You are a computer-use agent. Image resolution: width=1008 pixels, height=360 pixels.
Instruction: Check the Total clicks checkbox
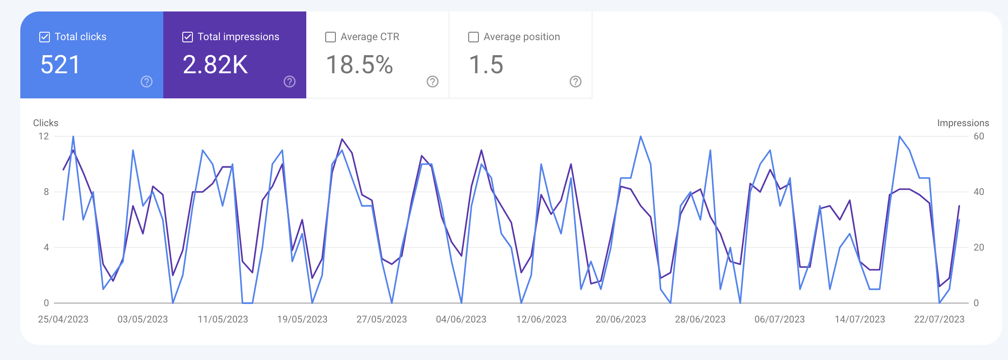[x=45, y=37]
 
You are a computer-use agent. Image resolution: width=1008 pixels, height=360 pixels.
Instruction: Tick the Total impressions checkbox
[x=188, y=37]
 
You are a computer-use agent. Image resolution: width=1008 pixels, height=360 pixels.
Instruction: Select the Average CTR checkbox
[x=331, y=37]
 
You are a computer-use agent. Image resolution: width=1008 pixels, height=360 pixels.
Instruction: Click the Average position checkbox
[x=474, y=37]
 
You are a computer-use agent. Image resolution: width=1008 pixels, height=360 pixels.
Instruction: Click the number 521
[x=60, y=65]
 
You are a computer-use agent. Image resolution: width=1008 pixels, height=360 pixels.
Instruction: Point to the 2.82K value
[x=215, y=65]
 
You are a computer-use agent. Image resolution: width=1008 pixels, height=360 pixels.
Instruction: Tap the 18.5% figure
[x=359, y=65]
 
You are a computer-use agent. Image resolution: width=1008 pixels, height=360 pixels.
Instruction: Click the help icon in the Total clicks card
[x=147, y=82]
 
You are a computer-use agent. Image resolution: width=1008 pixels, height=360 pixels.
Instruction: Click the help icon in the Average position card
[x=575, y=82]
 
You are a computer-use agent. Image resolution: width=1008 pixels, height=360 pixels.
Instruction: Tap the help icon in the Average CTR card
[x=433, y=82]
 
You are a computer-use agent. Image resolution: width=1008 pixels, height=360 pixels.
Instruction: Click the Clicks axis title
[x=45, y=123]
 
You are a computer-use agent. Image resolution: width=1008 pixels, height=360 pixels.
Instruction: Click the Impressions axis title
[x=963, y=123]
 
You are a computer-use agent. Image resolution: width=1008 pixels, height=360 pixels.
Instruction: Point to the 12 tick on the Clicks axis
[x=44, y=136]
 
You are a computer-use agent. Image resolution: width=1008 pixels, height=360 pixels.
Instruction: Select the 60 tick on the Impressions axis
[x=978, y=136]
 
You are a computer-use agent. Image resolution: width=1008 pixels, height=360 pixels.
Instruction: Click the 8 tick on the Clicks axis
[x=46, y=192]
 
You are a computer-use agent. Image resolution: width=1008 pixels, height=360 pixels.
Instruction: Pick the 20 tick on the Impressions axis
[x=978, y=247]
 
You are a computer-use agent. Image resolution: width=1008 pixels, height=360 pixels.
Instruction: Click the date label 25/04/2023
[x=63, y=319]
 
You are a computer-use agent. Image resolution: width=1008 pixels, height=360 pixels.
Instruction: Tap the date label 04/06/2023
[x=461, y=319]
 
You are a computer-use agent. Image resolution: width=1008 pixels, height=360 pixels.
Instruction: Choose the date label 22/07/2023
[x=939, y=319]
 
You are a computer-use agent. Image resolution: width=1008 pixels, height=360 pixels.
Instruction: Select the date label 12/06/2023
[x=541, y=319]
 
